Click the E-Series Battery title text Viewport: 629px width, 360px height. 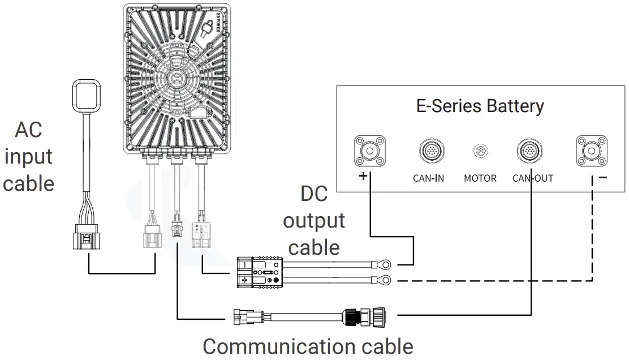click(x=480, y=106)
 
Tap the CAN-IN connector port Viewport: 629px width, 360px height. click(x=428, y=151)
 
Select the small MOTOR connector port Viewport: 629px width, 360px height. click(x=480, y=152)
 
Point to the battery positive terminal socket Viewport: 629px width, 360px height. click(x=370, y=151)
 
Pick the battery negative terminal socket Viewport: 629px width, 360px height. click(x=592, y=151)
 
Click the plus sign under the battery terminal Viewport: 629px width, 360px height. click(x=363, y=177)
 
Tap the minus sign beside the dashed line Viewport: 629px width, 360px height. click(x=603, y=178)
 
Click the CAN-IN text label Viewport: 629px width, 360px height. click(x=428, y=178)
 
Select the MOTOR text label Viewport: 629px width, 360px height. click(x=480, y=178)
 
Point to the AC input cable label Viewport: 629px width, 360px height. click(x=28, y=157)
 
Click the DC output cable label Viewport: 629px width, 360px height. click(x=314, y=221)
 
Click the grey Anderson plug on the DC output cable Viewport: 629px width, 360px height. click(x=259, y=273)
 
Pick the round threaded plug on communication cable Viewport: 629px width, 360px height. click(x=362, y=316)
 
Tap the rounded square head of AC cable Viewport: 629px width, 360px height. click(x=87, y=95)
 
